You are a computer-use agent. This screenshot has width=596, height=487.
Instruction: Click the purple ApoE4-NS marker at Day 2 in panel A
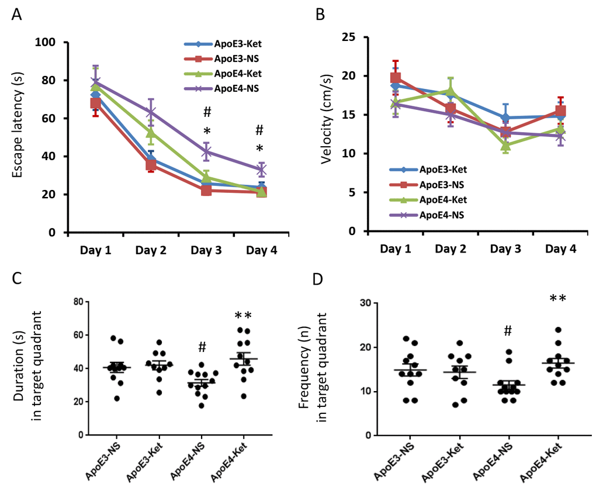click(151, 112)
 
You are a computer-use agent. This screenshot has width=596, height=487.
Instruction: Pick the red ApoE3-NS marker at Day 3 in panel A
click(206, 190)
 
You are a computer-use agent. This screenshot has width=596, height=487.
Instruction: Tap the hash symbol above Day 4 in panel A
click(261, 130)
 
